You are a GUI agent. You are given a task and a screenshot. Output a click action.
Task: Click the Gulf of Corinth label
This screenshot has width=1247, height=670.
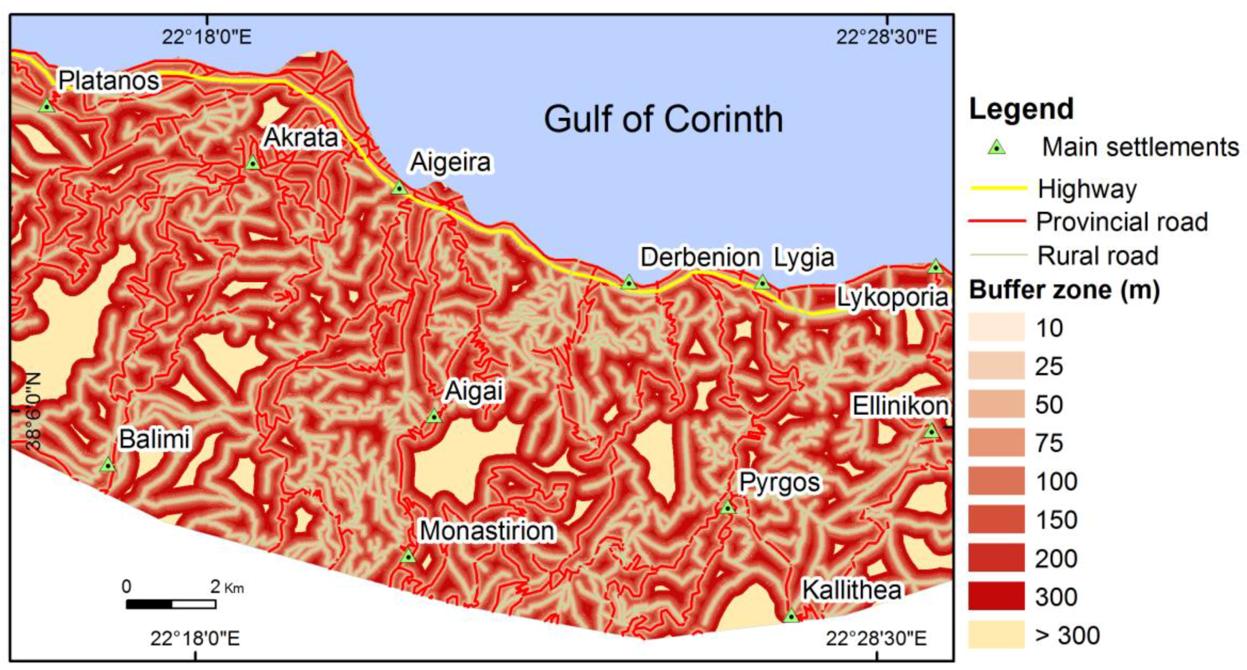coord(663,119)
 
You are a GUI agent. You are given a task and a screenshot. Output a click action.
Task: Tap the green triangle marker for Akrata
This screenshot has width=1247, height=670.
coord(253,163)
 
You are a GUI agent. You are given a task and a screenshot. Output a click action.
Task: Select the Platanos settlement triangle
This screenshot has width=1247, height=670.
coord(47,106)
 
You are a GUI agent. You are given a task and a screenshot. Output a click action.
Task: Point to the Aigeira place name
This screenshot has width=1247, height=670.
coord(450,162)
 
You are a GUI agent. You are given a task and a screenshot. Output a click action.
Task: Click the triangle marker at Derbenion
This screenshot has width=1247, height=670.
coord(628,282)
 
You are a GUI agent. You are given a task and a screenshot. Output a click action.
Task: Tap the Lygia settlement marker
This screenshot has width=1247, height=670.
coord(762,282)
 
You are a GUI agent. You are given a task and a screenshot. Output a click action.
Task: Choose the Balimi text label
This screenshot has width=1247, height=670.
coord(155,440)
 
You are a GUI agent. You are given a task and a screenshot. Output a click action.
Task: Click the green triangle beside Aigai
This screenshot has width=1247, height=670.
coord(434,416)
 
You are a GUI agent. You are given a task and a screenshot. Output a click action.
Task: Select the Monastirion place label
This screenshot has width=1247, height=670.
coord(487,531)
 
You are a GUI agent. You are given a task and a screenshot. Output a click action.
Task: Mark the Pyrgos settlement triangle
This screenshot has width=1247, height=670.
coord(728,507)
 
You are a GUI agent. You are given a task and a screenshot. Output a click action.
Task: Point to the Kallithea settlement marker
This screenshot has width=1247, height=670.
coord(791,616)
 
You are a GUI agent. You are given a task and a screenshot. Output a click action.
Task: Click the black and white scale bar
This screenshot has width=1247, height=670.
coord(171,604)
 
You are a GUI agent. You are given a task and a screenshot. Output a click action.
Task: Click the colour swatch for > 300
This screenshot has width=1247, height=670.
coord(996,634)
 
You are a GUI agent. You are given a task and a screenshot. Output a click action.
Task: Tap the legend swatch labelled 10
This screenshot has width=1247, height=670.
coord(996,327)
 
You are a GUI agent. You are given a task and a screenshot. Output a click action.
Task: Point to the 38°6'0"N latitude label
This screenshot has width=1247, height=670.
coord(33,411)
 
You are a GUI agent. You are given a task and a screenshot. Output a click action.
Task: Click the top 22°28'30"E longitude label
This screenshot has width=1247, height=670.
coord(886,37)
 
